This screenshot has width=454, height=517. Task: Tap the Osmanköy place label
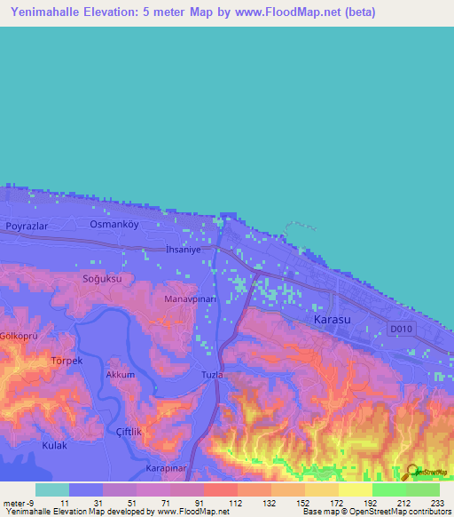[112, 225]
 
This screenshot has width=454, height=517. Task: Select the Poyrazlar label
[26, 227]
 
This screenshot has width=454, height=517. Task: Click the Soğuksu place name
[101, 278]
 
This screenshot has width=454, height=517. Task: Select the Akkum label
[121, 375]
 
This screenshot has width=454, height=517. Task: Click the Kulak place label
[55, 445]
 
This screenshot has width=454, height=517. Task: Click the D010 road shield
[402, 329]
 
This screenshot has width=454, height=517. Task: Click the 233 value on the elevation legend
[435, 502]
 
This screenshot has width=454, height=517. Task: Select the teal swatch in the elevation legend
[52, 489]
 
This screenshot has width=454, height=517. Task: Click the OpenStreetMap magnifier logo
[411, 471]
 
